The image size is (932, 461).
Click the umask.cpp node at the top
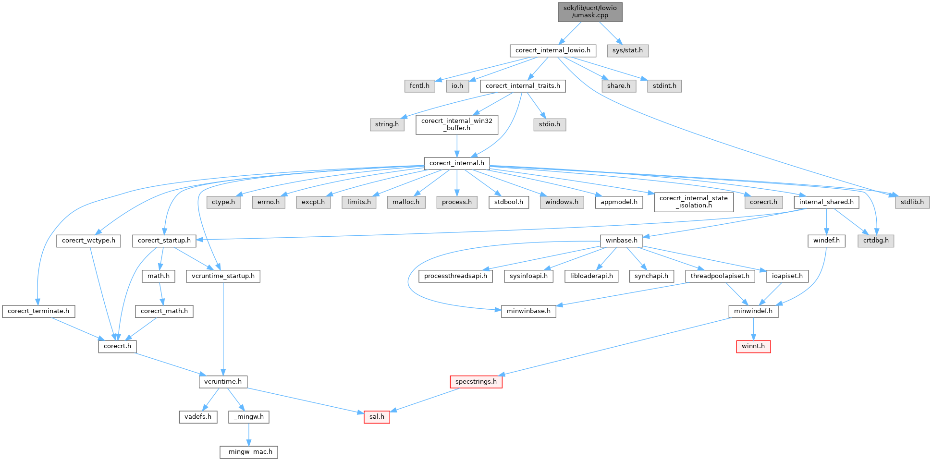point(590,12)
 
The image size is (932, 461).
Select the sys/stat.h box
point(627,50)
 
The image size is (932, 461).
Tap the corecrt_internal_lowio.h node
point(552,50)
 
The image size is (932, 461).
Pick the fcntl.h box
point(419,86)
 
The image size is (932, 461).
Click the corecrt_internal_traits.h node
point(523,86)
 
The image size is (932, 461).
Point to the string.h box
point(387,124)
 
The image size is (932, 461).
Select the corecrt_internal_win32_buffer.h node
point(456,124)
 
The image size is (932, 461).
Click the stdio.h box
point(549,124)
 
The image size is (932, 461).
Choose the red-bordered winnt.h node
point(753,346)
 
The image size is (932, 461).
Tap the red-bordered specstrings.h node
point(476,382)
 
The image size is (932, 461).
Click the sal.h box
point(376,417)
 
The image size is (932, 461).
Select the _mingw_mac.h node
point(249,452)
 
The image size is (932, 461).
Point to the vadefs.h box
point(198,417)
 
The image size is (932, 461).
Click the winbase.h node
point(621,241)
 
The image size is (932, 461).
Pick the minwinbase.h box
point(528,311)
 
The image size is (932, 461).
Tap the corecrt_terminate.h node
point(38,311)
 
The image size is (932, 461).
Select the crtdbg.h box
point(875,241)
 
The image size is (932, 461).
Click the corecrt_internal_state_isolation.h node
point(693,202)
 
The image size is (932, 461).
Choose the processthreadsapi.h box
point(455,276)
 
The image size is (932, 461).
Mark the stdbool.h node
point(509,202)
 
